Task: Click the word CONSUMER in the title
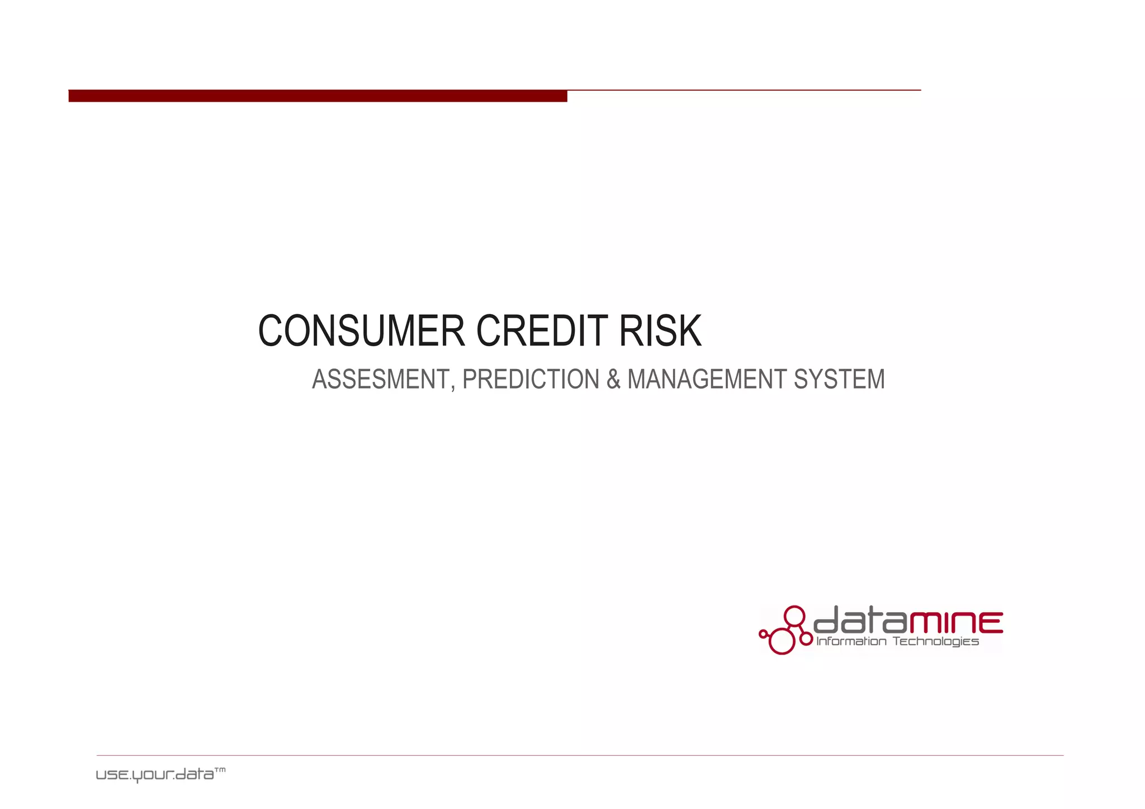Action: click(361, 331)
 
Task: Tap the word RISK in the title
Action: click(660, 331)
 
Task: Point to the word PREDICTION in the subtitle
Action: click(531, 380)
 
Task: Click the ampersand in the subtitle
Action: click(613, 380)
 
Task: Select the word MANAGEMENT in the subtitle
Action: click(707, 380)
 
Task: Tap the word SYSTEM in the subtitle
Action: click(839, 380)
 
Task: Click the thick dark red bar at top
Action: click(318, 96)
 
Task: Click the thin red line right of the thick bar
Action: click(744, 90)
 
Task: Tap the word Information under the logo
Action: click(851, 641)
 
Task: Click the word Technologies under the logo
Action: click(935, 641)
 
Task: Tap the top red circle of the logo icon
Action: click(794, 616)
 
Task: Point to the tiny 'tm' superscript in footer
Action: click(220, 770)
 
